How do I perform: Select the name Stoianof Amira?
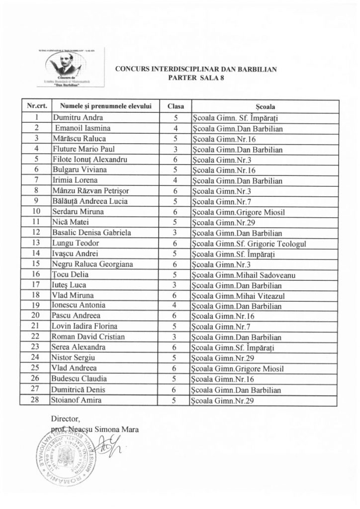click(x=74, y=400)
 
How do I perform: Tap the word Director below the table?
click(x=65, y=419)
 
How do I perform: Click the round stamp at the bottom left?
click(x=65, y=457)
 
